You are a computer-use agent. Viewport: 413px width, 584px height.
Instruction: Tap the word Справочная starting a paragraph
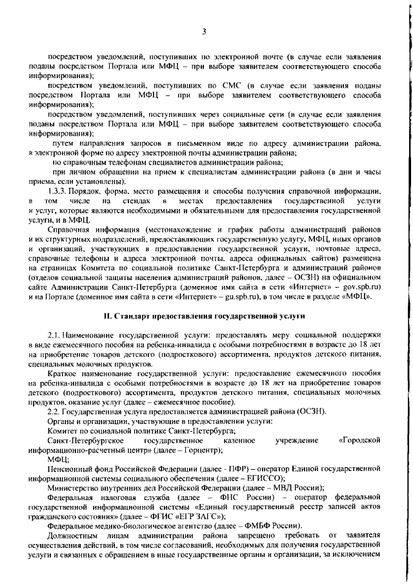point(72,230)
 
